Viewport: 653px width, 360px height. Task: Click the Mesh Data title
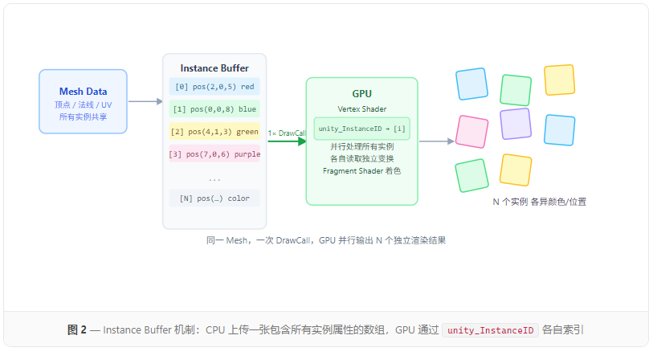pos(83,92)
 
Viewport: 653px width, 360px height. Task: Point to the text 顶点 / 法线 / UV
pos(83,105)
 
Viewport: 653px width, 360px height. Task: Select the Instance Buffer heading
pos(214,68)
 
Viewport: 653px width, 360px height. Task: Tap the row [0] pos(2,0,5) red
pos(214,87)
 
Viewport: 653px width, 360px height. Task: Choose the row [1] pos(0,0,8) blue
pos(214,109)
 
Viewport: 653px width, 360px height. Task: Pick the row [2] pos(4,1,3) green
pos(214,132)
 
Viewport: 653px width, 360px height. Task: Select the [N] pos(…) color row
pos(214,198)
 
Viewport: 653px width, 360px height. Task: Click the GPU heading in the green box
pos(361,93)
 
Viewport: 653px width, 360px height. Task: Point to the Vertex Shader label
pos(361,108)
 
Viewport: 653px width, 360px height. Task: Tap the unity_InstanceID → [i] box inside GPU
pos(361,129)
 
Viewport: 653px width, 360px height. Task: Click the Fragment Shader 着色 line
pos(361,170)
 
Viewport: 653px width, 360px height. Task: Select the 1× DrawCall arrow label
pos(287,133)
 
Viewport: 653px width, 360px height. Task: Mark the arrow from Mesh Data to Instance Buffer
pos(145,101)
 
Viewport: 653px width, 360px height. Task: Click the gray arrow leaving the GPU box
pos(436,141)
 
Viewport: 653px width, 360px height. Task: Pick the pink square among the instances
pos(471,132)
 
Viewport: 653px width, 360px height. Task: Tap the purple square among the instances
pos(515,124)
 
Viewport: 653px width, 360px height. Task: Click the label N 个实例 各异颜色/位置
pos(539,202)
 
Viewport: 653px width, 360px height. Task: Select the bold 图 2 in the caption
pos(77,330)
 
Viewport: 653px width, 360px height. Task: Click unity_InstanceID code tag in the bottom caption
pos(490,330)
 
